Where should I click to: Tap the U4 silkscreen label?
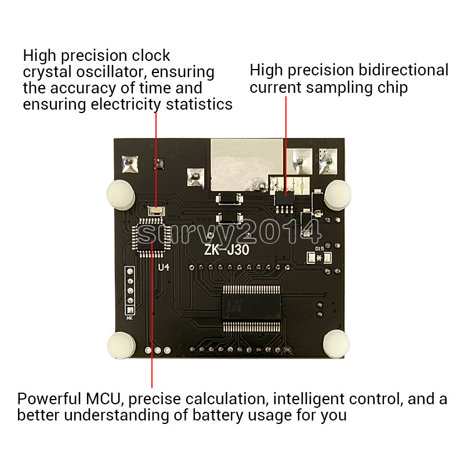click(165, 267)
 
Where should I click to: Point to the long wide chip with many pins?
click(253, 309)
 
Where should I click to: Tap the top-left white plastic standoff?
click(119, 193)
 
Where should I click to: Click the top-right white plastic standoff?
click(336, 193)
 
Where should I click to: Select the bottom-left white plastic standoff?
click(121, 345)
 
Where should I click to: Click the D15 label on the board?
click(320, 249)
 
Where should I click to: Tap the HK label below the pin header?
click(129, 318)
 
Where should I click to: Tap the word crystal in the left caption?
click(45, 72)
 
